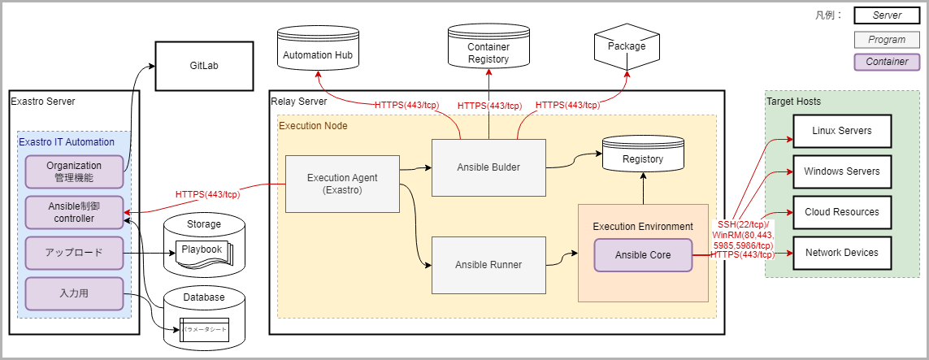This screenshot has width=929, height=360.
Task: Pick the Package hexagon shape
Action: tap(626, 46)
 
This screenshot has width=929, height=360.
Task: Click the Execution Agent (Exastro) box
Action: tap(342, 184)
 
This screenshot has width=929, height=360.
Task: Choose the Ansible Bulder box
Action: tap(488, 167)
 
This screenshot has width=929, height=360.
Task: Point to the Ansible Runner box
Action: tap(488, 265)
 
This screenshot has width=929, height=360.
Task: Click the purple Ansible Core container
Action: tap(642, 255)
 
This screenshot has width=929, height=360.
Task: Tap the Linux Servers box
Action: tap(842, 131)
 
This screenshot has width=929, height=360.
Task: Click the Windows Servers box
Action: tap(842, 171)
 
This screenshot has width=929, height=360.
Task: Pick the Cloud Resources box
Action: tap(842, 212)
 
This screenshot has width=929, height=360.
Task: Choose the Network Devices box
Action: tap(842, 253)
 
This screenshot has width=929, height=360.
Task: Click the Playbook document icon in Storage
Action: tap(201, 250)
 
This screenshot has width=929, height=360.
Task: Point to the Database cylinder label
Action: tap(204, 297)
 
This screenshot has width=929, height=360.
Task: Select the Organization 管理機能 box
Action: tap(73, 171)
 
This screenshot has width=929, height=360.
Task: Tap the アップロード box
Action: tap(73, 252)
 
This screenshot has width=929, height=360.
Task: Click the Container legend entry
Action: tap(887, 62)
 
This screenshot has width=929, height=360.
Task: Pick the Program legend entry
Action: tap(887, 40)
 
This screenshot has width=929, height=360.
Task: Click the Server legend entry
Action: tap(887, 15)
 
